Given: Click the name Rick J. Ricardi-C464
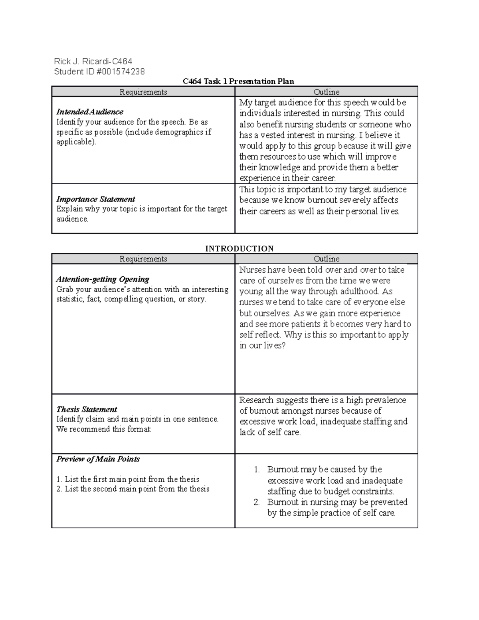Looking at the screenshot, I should pos(93,61).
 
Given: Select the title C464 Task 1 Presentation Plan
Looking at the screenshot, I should pos(238,81).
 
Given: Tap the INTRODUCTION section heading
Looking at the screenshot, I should pos(239,248).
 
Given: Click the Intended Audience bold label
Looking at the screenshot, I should pos(90,112).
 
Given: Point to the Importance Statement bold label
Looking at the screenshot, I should pos(96,199).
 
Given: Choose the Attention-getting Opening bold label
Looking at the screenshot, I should pos(103,279).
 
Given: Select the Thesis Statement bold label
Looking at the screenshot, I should pos(87,409).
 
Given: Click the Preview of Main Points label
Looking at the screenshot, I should pos(98,459).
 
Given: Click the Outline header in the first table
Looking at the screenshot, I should pos(327,92).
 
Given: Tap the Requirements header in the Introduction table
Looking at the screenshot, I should pos(143,259).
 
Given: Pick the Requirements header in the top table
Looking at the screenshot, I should pos(143,92).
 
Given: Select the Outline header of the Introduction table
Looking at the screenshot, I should pos(327,259).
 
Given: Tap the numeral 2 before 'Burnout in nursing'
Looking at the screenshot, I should pos(257,502).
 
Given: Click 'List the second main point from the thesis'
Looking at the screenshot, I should pos(137,489).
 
